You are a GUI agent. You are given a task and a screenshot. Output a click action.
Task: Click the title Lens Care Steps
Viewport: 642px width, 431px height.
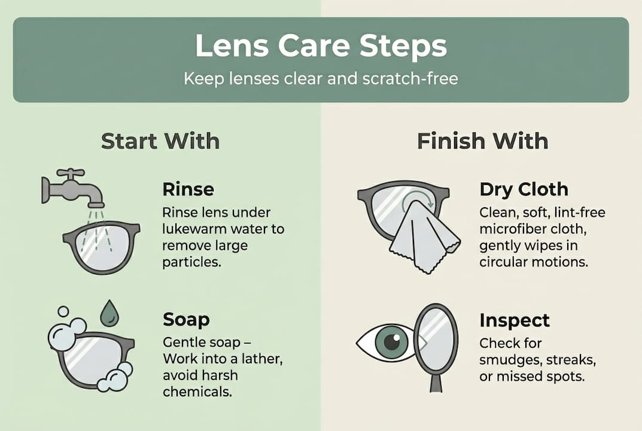[321, 47]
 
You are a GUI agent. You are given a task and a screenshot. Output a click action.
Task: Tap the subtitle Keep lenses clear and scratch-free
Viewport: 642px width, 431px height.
[321, 78]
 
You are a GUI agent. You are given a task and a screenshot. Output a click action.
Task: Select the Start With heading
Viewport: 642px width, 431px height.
[160, 141]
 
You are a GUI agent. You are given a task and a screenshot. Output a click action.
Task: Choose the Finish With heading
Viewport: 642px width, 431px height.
[482, 141]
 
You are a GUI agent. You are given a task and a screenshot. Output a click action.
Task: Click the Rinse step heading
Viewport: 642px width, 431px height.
[188, 190]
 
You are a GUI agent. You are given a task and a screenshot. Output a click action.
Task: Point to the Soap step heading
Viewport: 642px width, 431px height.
[187, 320]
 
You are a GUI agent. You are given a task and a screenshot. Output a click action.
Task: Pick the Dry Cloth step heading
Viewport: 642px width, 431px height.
[523, 190]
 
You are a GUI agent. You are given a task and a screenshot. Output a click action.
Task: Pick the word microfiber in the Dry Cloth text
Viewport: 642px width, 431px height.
[507, 229]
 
